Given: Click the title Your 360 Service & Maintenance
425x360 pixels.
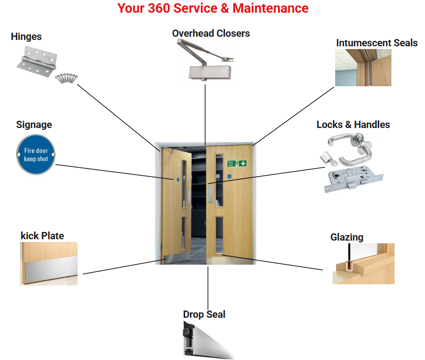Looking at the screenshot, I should [x=213, y=8].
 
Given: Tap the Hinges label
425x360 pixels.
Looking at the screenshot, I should [x=26, y=36].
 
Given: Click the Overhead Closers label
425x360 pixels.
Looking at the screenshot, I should [x=211, y=33].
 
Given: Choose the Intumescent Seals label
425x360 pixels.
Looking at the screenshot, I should [x=376, y=43].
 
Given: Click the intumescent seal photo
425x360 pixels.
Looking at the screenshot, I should [x=363, y=68].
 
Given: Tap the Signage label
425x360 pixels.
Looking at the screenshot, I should [x=34, y=125].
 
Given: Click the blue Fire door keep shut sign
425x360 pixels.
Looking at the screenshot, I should [x=36, y=154].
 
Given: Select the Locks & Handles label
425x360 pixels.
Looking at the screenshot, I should [x=353, y=125].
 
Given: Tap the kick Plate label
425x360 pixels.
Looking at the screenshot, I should [x=42, y=236].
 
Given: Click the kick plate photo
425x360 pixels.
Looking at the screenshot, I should [x=49, y=264].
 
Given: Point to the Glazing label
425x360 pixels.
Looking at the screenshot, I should [x=347, y=237].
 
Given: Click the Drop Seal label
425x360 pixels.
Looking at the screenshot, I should [x=204, y=315].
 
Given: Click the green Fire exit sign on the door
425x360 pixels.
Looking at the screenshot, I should [x=237, y=163].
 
